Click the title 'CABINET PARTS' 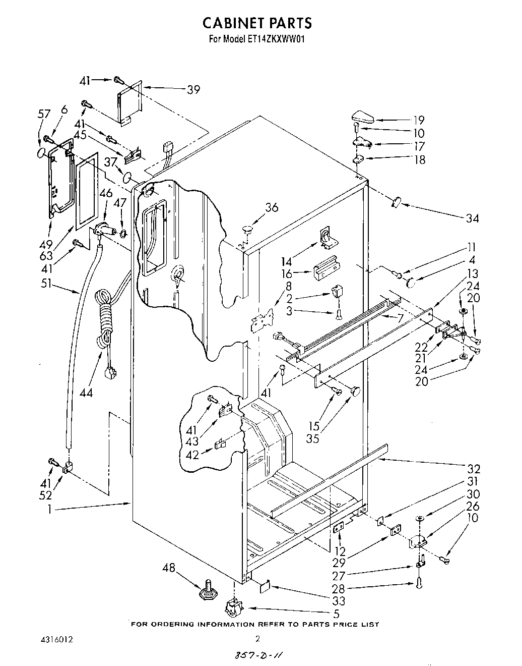point(257,23)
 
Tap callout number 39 point(193,90)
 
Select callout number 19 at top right point(418,120)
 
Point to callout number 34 point(472,218)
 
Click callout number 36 point(272,207)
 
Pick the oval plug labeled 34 point(395,202)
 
